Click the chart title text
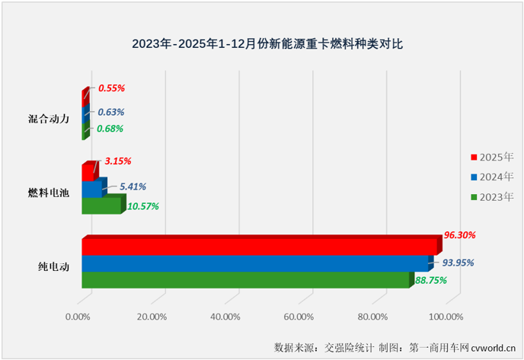tap(261, 43)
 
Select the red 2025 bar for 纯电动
tap(259, 247)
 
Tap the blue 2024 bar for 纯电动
tap(254, 263)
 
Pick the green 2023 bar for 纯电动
tap(245, 280)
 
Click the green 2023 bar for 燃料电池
tap(101, 205)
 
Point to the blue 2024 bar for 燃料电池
tap(91, 189)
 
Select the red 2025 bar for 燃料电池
tap(88, 172)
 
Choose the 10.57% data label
tap(142, 206)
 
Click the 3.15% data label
tap(117, 161)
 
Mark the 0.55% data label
tap(111, 88)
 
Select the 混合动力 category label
tap(48, 119)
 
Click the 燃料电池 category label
tap(48, 193)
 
